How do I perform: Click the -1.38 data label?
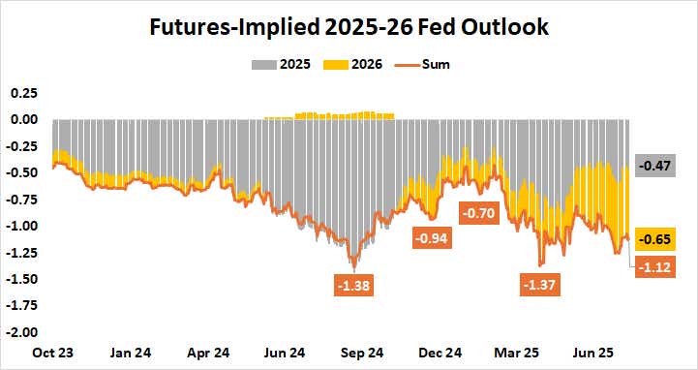point(353,286)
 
